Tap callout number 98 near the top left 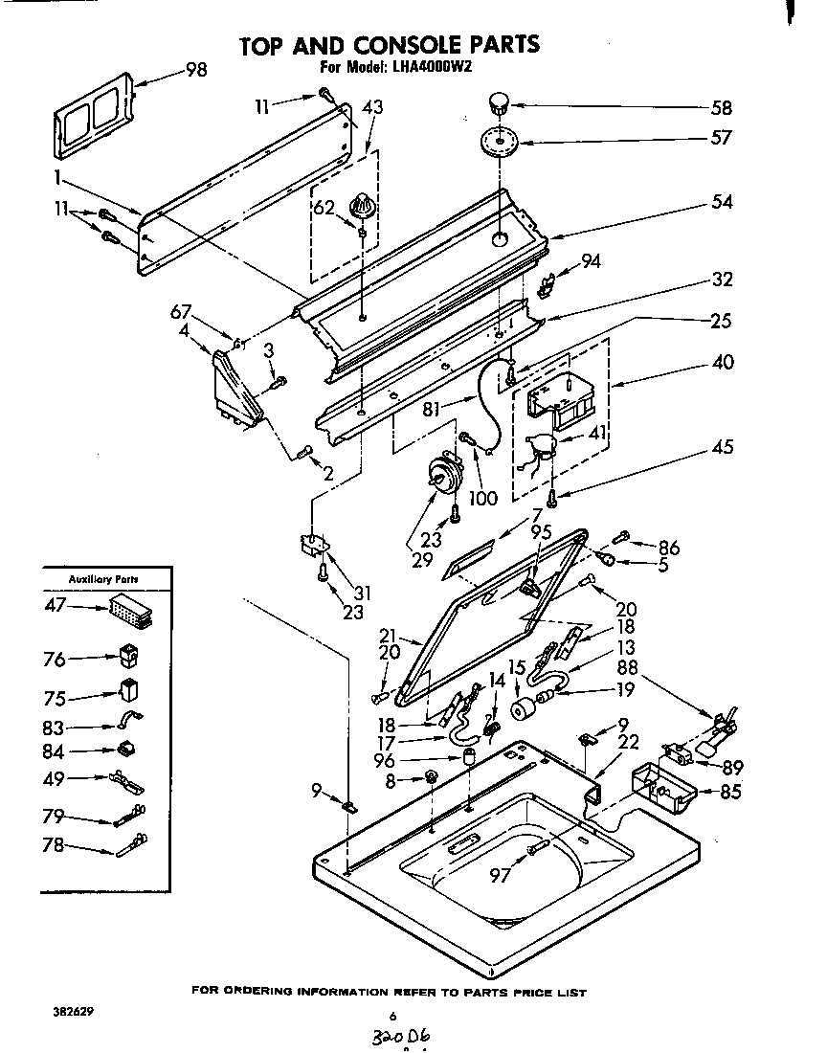pyautogui.click(x=195, y=70)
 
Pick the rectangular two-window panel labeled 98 pyautogui.click(x=92, y=120)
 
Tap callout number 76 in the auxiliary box pyautogui.click(x=56, y=659)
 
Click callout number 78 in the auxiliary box pyautogui.click(x=56, y=845)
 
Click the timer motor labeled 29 pyautogui.click(x=443, y=474)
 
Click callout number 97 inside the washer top pyautogui.click(x=501, y=874)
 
